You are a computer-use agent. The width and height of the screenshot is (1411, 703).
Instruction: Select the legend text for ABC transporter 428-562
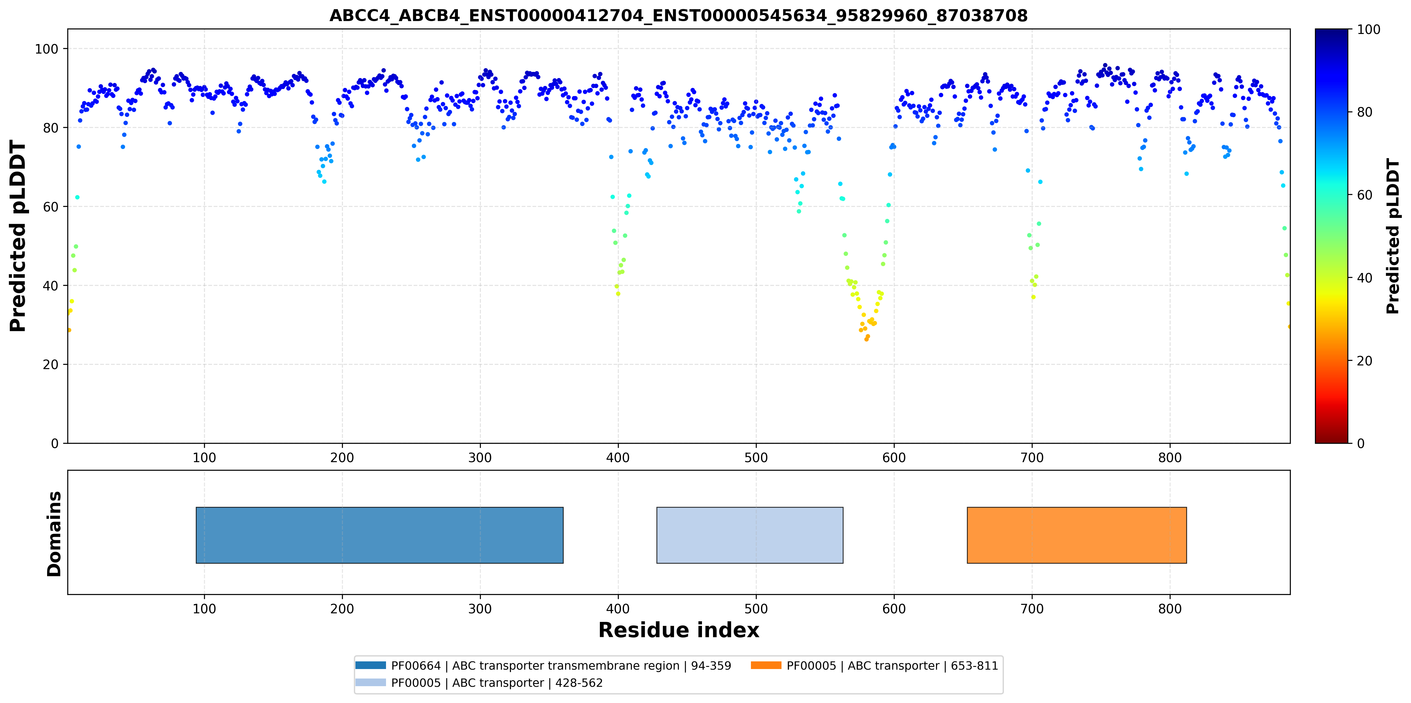(497, 683)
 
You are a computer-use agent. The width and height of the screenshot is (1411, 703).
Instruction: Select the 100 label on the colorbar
(1368, 30)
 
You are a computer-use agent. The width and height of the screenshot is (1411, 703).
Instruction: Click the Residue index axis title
(679, 630)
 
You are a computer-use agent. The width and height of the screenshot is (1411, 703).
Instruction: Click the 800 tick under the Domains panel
(1170, 609)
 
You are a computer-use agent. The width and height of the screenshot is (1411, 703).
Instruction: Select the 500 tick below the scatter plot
(756, 458)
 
